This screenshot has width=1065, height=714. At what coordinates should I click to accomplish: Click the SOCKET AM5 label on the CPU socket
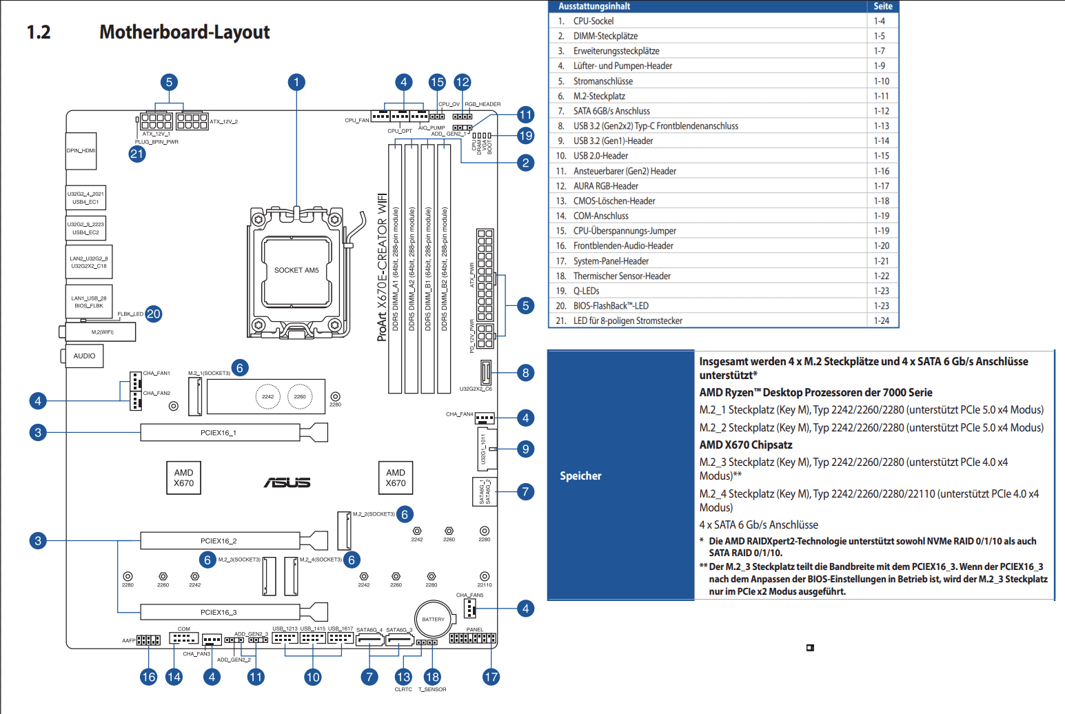point(296,270)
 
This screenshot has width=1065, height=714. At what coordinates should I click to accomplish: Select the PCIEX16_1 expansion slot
point(219,433)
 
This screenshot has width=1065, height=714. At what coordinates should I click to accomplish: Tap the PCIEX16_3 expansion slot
point(219,612)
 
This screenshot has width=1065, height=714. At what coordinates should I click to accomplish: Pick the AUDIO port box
point(85,356)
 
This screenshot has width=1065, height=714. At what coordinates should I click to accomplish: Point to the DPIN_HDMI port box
point(81,150)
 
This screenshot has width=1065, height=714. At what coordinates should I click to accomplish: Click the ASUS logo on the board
point(287,482)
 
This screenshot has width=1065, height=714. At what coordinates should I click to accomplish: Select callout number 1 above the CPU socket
point(296,83)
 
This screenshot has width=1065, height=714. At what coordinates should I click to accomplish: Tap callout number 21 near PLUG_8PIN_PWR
point(137,154)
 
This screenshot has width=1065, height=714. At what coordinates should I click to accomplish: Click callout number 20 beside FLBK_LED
point(154,314)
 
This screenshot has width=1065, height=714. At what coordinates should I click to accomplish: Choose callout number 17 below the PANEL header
point(491,677)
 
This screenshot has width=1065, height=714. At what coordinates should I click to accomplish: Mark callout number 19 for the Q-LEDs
point(526,136)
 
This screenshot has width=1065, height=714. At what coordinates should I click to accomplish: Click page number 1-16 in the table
point(882,171)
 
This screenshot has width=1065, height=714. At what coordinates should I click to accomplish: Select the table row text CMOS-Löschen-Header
point(614,201)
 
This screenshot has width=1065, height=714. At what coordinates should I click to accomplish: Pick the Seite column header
point(883,6)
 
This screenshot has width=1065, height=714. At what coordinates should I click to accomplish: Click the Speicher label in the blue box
point(580,476)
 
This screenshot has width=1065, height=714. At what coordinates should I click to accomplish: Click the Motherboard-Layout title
point(185,32)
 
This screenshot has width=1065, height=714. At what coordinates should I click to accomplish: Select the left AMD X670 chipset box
point(184,478)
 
